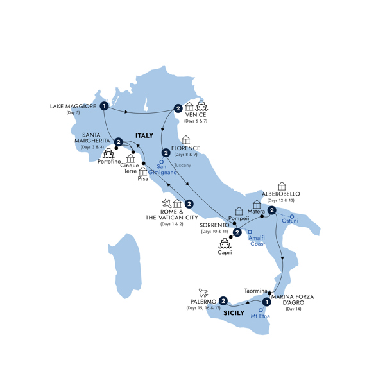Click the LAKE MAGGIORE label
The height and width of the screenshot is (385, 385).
pyautogui.click(x=73, y=106)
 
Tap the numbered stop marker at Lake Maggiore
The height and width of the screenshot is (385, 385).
pyautogui.click(x=103, y=106)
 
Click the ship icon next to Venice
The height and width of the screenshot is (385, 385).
pyautogui.click(x=203, y=106)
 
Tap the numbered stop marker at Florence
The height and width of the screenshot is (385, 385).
pyautogui.click(x=166, y=153)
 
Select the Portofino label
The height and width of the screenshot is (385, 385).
pyautogui.click(x=110, y=162)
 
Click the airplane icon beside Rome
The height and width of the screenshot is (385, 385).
pyautogui.click(x=167, y=204)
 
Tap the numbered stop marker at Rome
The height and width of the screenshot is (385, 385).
pyautogui.click(x=189, y=205)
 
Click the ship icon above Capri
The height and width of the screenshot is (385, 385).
pyautogui.click(x=225, y=243)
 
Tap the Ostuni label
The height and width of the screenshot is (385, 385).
pyautogui.click(x=290, y=223)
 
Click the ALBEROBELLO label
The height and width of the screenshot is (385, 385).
pyautogui.click(x=281, y=194)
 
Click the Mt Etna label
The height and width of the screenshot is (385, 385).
pyautogui.click(x=259, y=316)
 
